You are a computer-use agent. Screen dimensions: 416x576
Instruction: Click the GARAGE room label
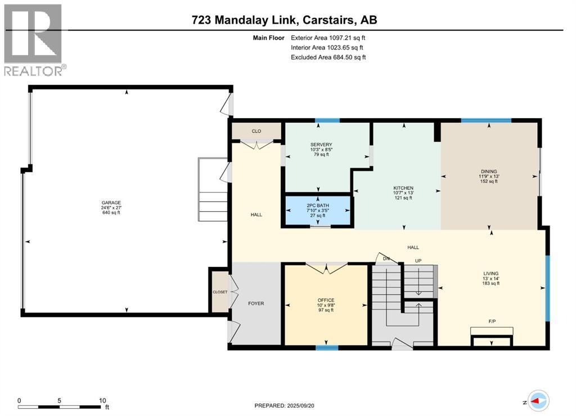pos(111,203)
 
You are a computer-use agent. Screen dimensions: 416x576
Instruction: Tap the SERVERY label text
pos(321,145)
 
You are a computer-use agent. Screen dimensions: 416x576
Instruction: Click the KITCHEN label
pos(403,188)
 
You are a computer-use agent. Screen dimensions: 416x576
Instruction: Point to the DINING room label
pos(489,171)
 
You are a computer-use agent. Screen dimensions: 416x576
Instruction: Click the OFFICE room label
pos(326,300)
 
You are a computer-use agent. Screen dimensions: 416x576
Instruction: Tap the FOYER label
pos(256,303)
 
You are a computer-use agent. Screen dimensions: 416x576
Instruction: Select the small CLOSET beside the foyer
pos(219,292)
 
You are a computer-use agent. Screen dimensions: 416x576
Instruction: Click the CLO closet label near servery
pos(256,131)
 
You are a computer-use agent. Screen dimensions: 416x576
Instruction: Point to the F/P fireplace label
pos(492,321)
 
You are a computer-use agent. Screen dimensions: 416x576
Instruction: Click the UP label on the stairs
pos(417,261)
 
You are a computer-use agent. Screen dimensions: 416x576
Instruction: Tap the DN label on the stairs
pos(386,258)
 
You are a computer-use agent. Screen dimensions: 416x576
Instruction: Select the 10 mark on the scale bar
pos(102,401)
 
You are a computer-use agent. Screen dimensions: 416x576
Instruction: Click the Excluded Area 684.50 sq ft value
pos(329,57)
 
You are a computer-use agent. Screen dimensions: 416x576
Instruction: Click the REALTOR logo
pos(34,39)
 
